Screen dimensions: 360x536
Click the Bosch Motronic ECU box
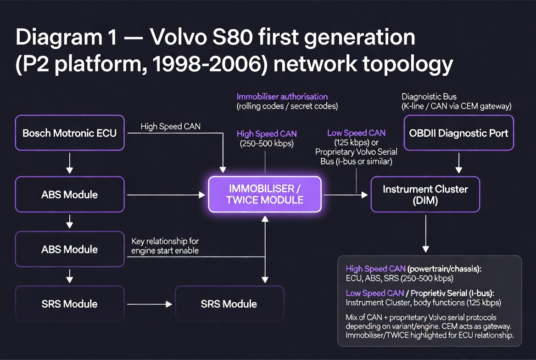[x=70, y=133]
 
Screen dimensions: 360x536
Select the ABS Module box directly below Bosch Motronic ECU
[x=70, y=194]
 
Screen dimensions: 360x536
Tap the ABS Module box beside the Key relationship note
[x=70, y=249]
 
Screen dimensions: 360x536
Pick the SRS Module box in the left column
[x=70, y=304]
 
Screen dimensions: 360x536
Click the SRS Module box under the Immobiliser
[x=229, y=304]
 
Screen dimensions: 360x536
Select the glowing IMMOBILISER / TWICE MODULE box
[x=265, y=194]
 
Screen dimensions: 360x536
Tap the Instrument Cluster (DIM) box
[x=425, y=194]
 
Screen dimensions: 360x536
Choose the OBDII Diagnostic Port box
[x=458, y=133]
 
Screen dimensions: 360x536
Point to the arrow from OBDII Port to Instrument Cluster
[x=458, y=163]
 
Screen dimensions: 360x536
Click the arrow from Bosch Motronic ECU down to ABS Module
[x=70, y=163]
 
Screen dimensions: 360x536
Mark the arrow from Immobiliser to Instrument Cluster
[x=346, y=195]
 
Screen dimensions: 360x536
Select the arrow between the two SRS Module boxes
[x=149, y=304]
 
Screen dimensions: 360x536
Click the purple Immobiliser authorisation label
[x=282, y=97]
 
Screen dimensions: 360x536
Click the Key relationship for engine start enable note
[x=165, y=246]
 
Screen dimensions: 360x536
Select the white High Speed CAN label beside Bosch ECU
[x=170, y=126]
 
